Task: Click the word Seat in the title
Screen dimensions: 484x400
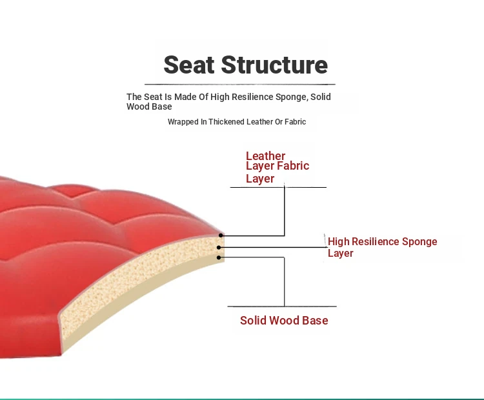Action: coord(189,65)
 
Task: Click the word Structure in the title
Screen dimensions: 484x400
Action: coord(274,65)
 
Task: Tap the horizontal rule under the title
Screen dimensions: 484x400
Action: coord(240,85)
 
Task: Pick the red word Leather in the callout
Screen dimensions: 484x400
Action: coord(265,156)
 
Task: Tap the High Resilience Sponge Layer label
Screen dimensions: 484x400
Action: coord(382,247)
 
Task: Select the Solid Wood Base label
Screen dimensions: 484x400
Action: coord(284,321)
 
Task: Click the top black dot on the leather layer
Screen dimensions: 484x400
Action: coord(221,235)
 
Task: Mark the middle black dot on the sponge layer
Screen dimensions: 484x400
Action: coord(219,247)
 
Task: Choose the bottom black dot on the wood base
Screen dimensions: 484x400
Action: coord(219,257)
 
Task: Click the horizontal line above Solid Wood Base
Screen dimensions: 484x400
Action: coord(282,306)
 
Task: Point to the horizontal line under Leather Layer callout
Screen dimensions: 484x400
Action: coord(278,187)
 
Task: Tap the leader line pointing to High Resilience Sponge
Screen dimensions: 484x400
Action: coord(273,247)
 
